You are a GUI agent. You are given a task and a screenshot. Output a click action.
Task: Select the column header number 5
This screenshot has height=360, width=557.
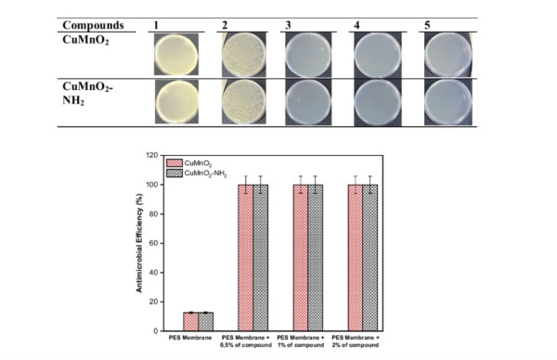427,24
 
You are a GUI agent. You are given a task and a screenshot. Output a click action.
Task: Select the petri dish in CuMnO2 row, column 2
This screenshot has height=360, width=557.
246,54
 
